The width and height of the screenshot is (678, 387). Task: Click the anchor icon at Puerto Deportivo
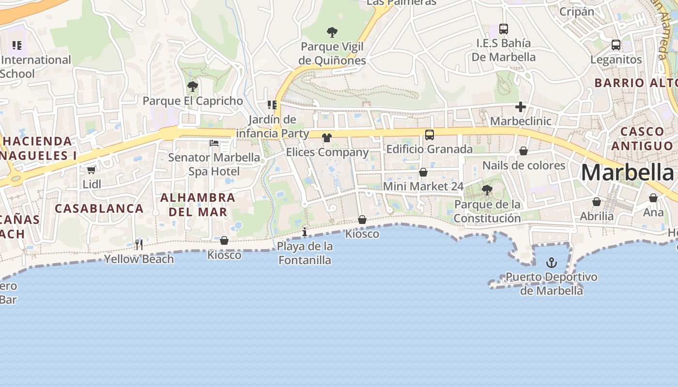(x=551, y=263)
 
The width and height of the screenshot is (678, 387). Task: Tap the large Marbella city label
(x=627, y=173)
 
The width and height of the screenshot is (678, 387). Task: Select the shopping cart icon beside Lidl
(x=92, y=170)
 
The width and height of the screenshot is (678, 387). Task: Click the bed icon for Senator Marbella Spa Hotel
(x=214, y=143)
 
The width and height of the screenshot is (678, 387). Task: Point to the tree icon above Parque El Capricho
(x=192, y=87)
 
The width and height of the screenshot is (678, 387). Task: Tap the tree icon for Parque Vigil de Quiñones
(x=332, y=32)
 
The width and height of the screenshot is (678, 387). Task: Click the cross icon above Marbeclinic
(x=521, y=107)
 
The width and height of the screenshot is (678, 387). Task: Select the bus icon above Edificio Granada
(x=429, y=135)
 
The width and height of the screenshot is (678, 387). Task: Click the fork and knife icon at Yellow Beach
(x=139, y=245)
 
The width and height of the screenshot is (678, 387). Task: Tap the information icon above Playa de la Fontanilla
(x=305, y=232)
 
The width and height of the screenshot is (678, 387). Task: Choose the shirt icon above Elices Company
(x=327, y=138)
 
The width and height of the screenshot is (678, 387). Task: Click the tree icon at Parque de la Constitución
(x=487, y=190)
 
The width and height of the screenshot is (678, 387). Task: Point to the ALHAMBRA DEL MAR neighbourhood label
(x=198, y=205)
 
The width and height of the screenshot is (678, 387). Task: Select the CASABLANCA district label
(x=99, y=208)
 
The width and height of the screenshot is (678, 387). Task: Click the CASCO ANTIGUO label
(x=642, y=138)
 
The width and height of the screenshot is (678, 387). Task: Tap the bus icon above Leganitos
(x=616, y=45)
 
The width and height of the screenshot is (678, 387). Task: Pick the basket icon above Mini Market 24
(x=423, y=172)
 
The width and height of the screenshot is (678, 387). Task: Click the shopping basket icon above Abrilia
(x=597, y=202)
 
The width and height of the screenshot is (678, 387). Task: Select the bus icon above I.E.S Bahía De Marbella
(x=504, y=29)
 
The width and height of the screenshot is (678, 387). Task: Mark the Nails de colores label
(x=524, y=165)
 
